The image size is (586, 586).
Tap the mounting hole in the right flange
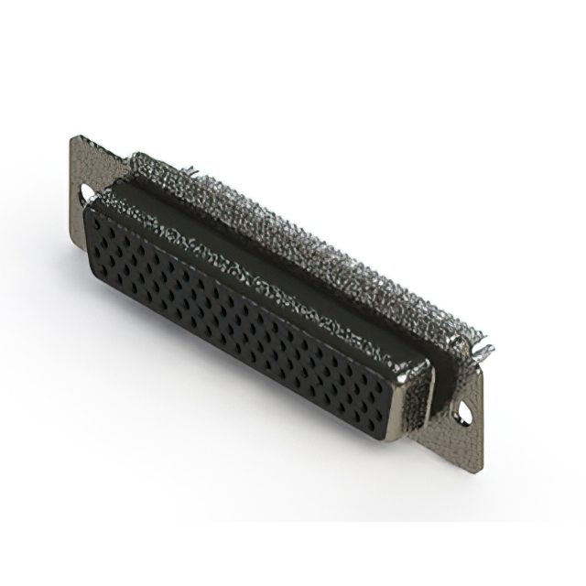pos(468,413)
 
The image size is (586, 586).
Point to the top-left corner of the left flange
pos(73,138)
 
